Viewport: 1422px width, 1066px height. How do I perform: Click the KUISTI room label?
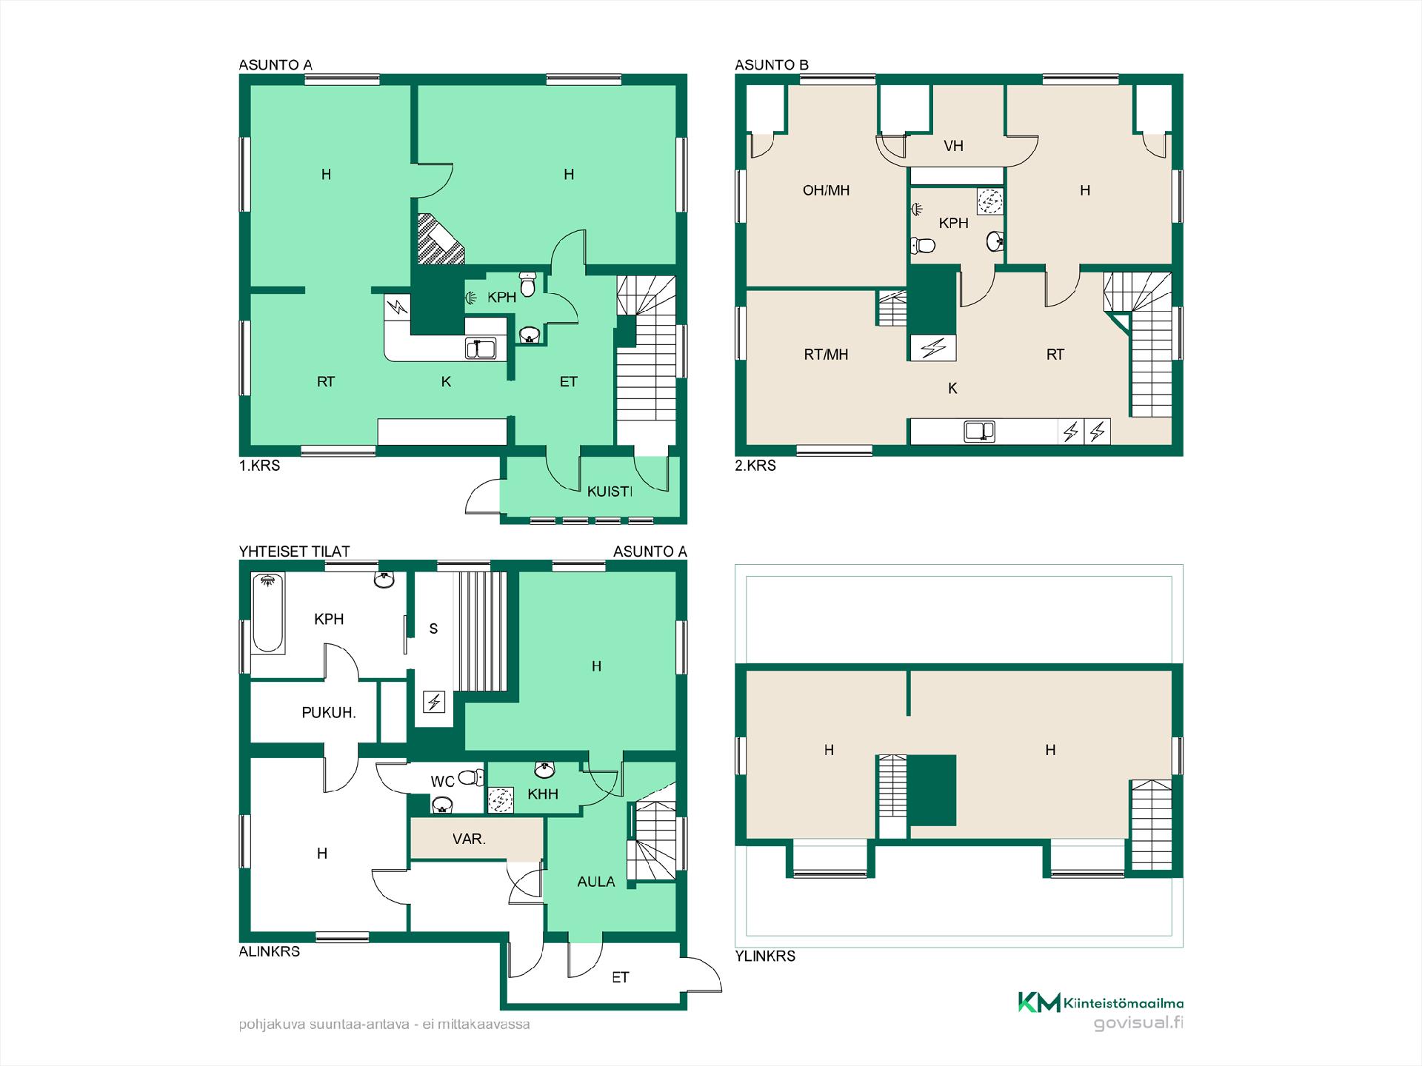coord(610,491)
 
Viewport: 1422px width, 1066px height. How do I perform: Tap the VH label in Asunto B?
coord(953,146)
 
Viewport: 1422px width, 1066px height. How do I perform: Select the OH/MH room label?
coord(826,190)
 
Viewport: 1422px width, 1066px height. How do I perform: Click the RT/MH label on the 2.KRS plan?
coord(826,355)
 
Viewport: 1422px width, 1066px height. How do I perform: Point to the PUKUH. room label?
coord(329,713)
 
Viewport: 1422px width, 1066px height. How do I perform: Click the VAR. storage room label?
coord(469,839)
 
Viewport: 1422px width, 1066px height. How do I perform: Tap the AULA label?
coord(596,882)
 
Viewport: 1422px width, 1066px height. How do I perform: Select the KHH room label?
coord(543,794)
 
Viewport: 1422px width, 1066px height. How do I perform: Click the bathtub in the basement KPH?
coord(268,614)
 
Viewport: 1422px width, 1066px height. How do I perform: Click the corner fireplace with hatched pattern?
coord(438,239)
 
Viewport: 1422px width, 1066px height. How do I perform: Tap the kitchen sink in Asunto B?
coord(979,431)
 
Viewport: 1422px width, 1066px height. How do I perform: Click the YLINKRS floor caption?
coord(765,956)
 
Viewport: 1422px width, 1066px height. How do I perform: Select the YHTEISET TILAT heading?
coord(294,552)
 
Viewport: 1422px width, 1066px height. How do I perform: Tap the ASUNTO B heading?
coord(771,65)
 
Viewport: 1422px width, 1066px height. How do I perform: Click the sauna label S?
coord(433,628)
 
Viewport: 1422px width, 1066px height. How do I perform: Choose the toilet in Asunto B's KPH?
coord(923,244)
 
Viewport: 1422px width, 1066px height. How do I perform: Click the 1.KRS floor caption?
coord(259,466)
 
